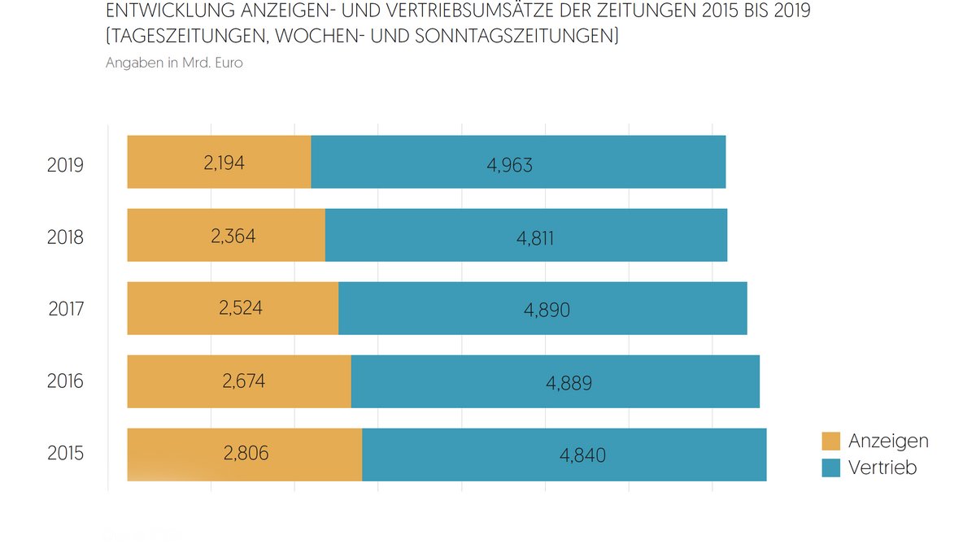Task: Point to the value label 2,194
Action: (x=224, y=162)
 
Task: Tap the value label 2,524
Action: (x=241, y=307)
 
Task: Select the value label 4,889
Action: (x=569, y=384)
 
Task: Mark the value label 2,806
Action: (x=246, y=454)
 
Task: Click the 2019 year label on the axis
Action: (x=66, y=164)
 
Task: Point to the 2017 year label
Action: (x=66, y=310)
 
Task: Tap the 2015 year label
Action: (x=66, y=454)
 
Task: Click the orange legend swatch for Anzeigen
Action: (x=830, y=441)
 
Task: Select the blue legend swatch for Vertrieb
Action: (x=830, y=468)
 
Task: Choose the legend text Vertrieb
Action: (x=882, y=468)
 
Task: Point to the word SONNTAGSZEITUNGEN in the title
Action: (x=516, y=37)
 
